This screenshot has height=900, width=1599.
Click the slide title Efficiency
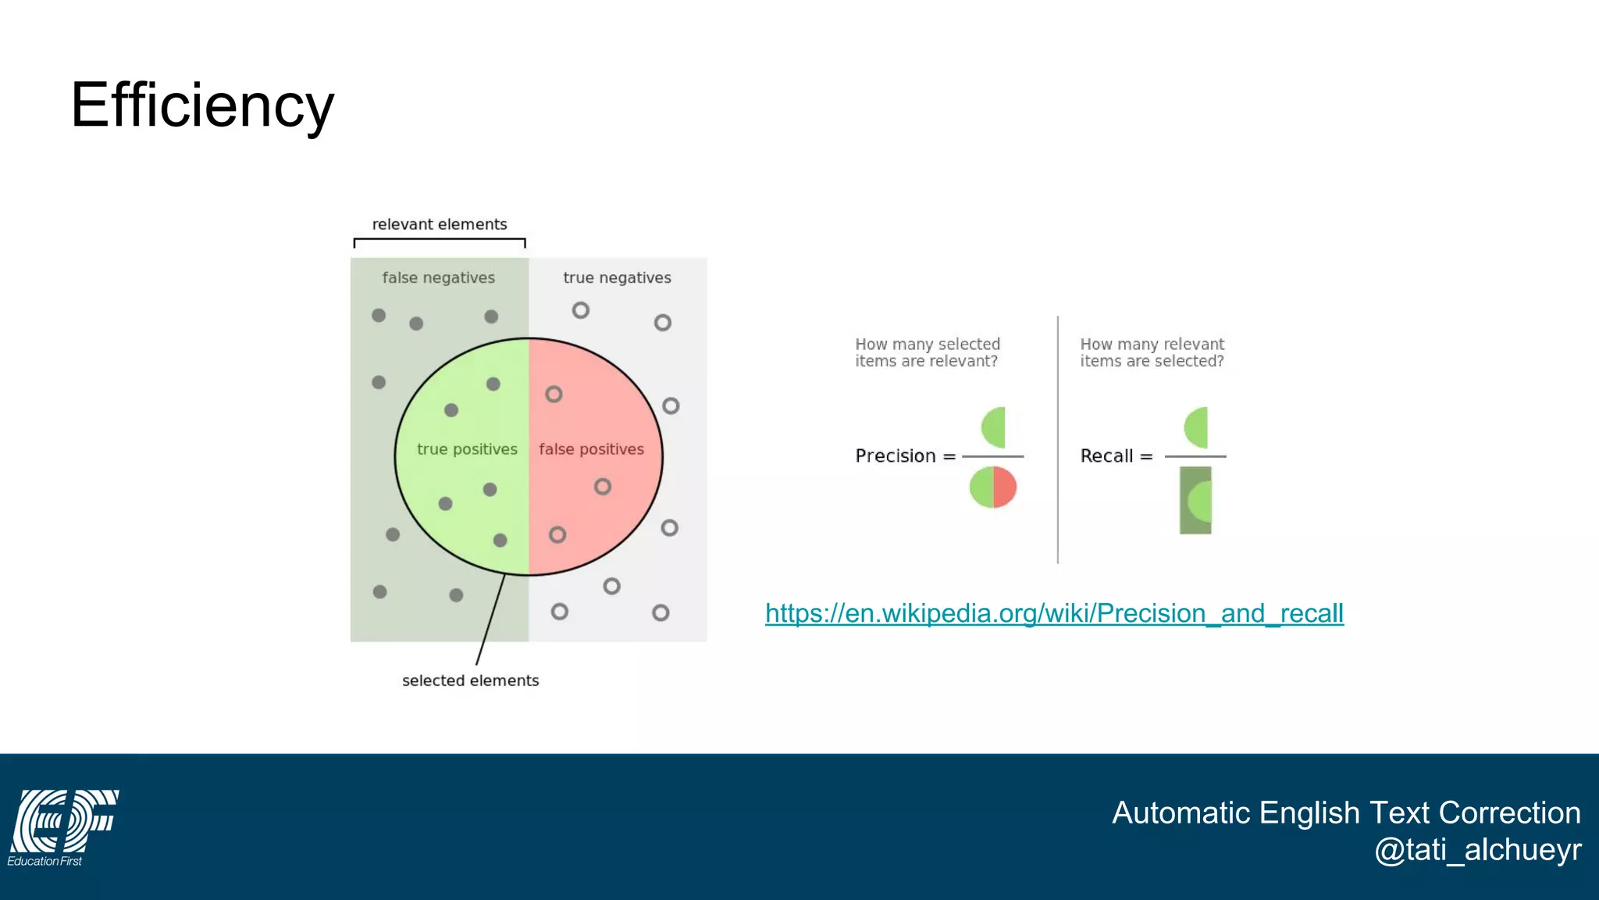pyautogui.click(x=202, y=105)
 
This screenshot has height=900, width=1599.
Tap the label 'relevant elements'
pyautogui.click(x=440, y=224)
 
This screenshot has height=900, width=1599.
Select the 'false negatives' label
pyautogui.click(x=438, y=277)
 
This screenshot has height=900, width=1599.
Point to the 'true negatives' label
pyautogui.click(x=617, y=277)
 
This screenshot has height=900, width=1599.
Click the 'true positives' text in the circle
pyautogui.click(x=467, y=449)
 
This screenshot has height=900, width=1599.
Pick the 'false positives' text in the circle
pyautogui.click(x=591, y=449)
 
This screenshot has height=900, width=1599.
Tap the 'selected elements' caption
pyautogui.click(x=470, y=680)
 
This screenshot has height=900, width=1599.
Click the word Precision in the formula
pyautogui.click(x=895, y=456)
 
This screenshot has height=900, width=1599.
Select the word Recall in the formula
pyautogui.click(x=1106, y=456)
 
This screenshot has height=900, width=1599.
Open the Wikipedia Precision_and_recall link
pyautogui.click(x=1054, y=613)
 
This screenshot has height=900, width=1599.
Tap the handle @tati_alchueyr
pyautogui.click(x=1477, y=850)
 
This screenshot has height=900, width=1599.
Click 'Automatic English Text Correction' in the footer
pyautogui.click(x=1346, y=812)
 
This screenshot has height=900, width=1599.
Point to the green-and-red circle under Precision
pyautogui.click(x=993, y=487)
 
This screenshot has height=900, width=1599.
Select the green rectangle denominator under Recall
pyautogui.click(x=1195, y=500)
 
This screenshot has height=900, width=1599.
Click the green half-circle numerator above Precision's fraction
pyautogui.click(x=995, y=427)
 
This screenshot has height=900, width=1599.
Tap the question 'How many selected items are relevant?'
pyautogui.click(x=927, y=352)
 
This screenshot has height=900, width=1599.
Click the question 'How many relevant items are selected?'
pyautogui.click(x=1152, y=352)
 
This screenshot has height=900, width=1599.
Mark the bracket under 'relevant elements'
pyautogui.click(x=440, y=240)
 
